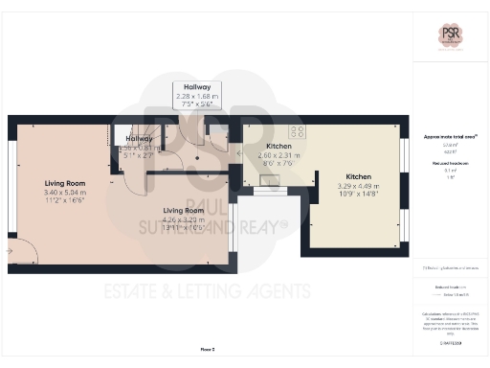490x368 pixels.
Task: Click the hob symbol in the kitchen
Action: (298, 132)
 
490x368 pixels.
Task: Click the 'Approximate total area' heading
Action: (451, 137)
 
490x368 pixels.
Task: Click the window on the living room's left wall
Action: (11, 187)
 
